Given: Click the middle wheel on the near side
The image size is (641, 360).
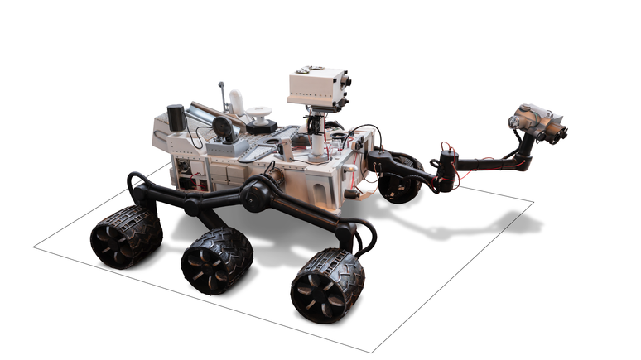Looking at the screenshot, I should click(217, 260).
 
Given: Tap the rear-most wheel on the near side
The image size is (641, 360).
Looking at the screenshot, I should click(126, 237).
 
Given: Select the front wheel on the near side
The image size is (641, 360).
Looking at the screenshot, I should click(327, 286).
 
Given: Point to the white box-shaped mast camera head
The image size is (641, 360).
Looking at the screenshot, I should click(316, 88).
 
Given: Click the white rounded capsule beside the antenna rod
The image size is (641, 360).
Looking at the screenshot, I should click(238, 103).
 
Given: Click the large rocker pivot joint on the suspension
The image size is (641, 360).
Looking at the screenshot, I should click(256, 194).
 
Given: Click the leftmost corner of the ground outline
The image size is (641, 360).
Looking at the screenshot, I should click(34, 247).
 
